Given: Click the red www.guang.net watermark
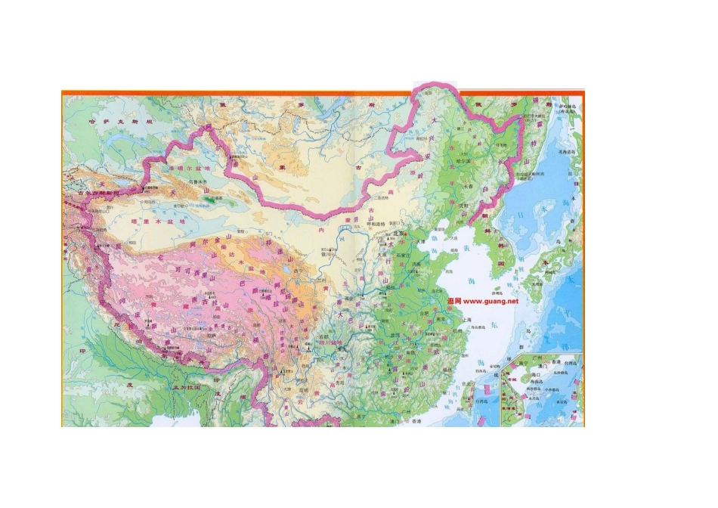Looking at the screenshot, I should click(x=483, y=301).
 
